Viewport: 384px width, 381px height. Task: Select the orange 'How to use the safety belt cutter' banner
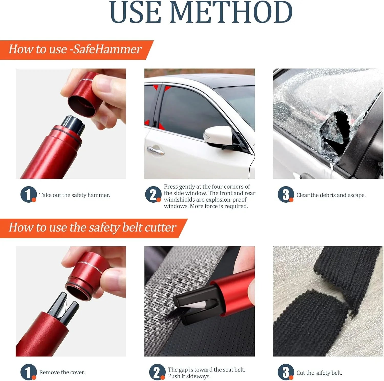pos(92,227)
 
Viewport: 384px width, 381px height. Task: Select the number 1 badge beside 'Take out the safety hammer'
pos(28,194)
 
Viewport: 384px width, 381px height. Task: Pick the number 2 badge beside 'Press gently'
pos(153,194)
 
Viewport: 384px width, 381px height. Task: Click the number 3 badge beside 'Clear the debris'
pos(285,194)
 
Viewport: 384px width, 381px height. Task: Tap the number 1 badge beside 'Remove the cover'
pos(28,372)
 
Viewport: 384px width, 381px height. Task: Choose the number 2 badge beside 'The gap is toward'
pos(157,372)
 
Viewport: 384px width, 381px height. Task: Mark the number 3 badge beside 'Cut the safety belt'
pos(285,372)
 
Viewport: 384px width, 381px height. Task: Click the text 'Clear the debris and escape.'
pos(331,195)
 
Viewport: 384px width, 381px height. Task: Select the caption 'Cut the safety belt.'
pos(319,373)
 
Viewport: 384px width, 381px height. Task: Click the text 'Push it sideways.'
pos(189,376)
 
